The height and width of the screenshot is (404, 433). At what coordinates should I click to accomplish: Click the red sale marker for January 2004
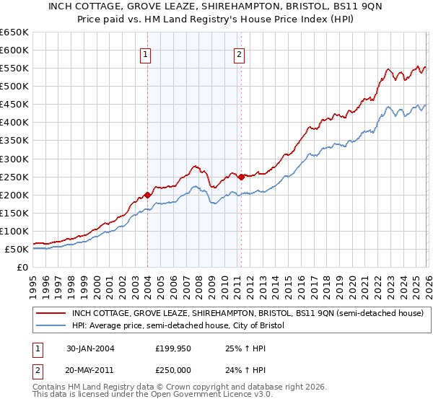(x=147, y=194)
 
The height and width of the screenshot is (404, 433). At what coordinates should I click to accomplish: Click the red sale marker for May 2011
(x=240, y=176)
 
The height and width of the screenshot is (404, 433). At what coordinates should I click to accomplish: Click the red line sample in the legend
(x=51, y=314)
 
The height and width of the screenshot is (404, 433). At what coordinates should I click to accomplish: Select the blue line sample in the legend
(x=51, y=326)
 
